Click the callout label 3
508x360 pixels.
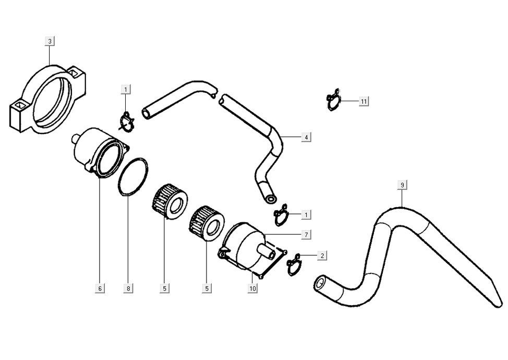pyautogui.click(x=50, y=41)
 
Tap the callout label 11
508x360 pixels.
pyautogui.click(x=364, y=101)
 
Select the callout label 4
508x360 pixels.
pyautogui.click(x=306, y=137)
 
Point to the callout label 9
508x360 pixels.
pyautogui.click(x=402, y=185)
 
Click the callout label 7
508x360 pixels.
pyautogui.click(x=306, y=235)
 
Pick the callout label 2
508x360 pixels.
pyautogui.click(x=322, y=256)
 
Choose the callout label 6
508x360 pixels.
pyautogui.click(x=100, y=288)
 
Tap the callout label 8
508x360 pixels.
pyautogui.click(x=128, y=288)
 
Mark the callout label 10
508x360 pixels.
pyautogui.click(x=252, y=288)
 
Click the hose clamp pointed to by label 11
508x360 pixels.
pyautogui.click(x=333, y=100)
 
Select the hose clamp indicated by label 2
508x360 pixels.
pyautogui.click(x=294, y=265)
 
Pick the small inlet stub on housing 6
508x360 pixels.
pyautogui.click(x=76, y=139)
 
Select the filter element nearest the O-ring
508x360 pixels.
pyautogui.click(x=170, y=201)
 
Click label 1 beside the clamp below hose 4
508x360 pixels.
pyautogui.click(x=306, y=214)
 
